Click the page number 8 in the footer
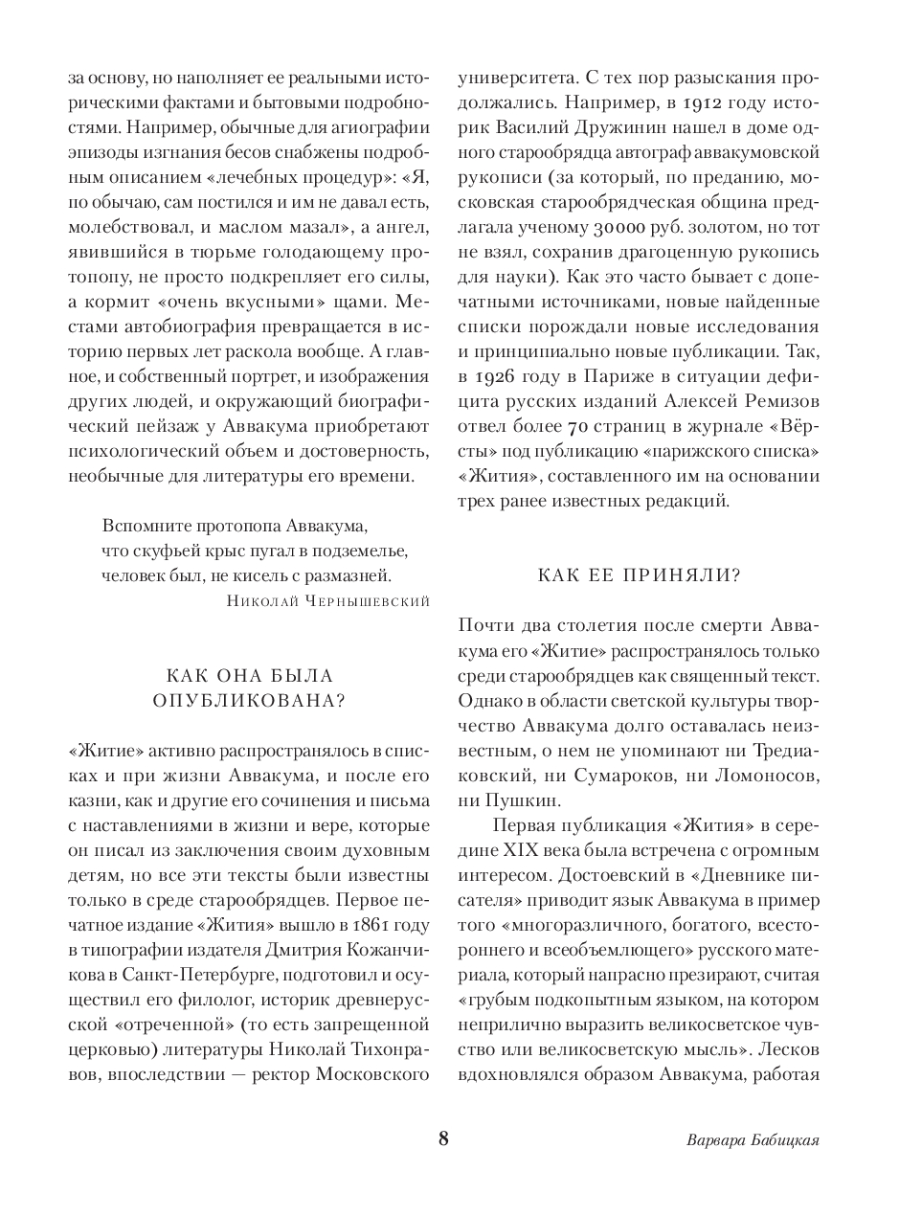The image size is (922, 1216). [x=442, y=1138]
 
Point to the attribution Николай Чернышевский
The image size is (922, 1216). [x=329, y=600]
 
